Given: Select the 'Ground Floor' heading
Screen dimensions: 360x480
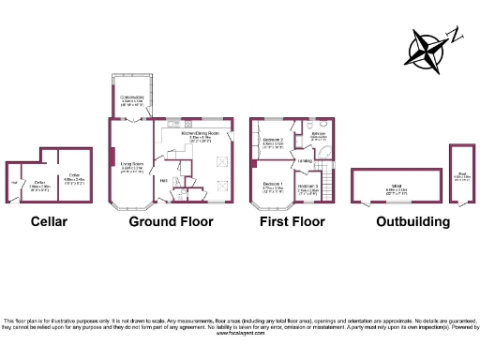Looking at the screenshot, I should point(170,222).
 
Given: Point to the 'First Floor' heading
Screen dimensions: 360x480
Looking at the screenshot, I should point(292,222).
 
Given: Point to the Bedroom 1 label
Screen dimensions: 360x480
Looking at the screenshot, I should point(273,182).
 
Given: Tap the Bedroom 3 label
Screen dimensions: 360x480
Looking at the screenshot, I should point(308,187).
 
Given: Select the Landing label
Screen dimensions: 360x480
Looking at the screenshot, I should point(305,161).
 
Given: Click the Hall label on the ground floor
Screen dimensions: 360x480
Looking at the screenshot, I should point(163,180).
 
